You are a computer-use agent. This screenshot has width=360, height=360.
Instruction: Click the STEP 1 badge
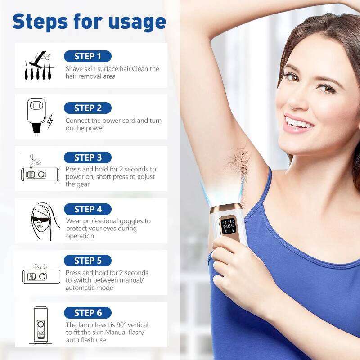point(88,56)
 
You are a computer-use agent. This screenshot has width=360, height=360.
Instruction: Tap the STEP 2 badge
point(88,108)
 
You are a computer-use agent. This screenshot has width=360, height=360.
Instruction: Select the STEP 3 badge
point(88,157)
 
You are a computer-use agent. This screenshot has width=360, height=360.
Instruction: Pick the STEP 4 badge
point(88,209)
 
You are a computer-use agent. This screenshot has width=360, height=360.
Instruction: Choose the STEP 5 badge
point(88,261)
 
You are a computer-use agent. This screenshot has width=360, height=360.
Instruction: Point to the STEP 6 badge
point(88,313)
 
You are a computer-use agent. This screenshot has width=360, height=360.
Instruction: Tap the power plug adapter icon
point(36,117)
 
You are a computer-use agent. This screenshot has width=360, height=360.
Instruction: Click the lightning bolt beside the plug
point(50,121)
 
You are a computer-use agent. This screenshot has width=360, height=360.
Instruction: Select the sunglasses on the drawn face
point(40,220)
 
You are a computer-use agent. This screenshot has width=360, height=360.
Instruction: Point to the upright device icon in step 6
point(40,325)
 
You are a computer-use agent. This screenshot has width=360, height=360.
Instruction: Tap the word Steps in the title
point(40,22)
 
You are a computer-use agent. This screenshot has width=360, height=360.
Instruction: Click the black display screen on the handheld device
point(228,225)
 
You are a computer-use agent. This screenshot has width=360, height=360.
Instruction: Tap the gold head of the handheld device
point(226,208)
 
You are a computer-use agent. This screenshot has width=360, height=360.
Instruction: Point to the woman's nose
point(299,100)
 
